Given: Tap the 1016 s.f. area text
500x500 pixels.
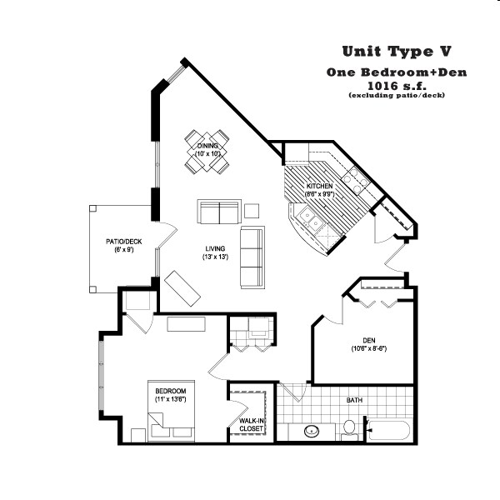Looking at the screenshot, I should tap(397, 85).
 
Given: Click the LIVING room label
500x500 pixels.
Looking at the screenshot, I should tap(215, 252).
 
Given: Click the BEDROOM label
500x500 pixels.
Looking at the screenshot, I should tap(170, 395).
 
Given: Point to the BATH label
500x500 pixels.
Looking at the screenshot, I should tap(354, 400).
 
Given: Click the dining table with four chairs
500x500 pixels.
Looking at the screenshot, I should tap(207, 151).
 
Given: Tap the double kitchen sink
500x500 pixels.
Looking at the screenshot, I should tap(313, 220).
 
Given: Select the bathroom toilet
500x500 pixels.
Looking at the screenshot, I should tap(350, 428).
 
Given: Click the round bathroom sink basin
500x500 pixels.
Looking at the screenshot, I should tap(312, 432).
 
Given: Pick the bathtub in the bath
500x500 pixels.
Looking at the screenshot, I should tap(388, 432).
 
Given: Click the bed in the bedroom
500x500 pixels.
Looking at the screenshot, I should tap(170, 411).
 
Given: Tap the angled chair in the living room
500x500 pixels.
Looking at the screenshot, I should tap(182, 288).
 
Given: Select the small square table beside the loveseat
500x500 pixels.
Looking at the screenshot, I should tap(251, 211).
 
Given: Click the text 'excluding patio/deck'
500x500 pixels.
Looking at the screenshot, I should tap(397, 96).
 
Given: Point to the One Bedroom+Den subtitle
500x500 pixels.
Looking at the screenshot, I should tap(397, 72).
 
